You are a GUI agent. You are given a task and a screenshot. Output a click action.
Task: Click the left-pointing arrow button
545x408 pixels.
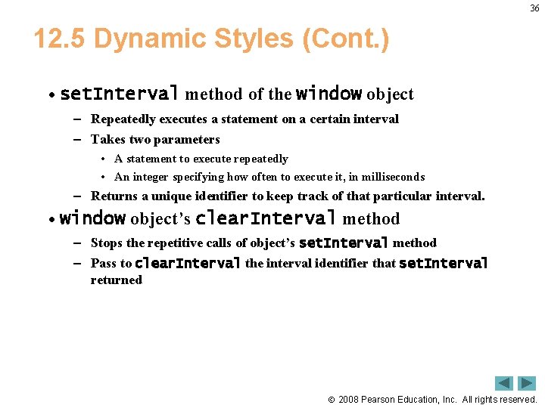click(504, 383)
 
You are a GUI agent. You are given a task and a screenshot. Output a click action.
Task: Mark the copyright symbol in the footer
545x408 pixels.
click(331, 399)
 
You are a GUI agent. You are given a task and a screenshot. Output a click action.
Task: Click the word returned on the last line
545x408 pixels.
click(116, 280)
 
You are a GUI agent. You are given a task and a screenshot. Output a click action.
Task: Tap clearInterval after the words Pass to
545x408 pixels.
click(188, 263)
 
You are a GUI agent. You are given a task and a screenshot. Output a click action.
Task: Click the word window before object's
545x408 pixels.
click(92, 218)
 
